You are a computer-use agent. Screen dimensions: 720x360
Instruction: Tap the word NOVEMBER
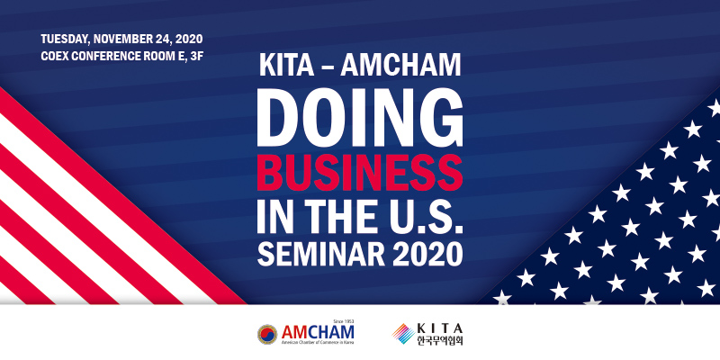pos(119,39)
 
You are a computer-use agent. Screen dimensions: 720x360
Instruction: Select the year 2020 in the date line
pos(189,39)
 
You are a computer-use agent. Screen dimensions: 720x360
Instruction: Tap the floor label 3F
pos(196,57)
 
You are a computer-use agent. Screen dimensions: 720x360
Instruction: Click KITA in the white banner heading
pos(286,66)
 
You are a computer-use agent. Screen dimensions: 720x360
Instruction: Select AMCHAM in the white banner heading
pos(400,66)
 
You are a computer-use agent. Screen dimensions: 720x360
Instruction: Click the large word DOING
pos(359,117)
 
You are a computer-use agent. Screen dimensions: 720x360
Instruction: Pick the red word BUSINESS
pos(359,173)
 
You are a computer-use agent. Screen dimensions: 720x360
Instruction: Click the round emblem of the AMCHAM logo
pos(267,334)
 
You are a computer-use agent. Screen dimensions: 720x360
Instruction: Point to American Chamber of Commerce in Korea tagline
pos(318,342)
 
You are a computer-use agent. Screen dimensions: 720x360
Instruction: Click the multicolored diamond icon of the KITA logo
pos(403,334)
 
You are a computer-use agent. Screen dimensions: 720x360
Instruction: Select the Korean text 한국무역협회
pos(439,340)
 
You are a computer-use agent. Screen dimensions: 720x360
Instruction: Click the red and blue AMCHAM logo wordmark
pos(318,331)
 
